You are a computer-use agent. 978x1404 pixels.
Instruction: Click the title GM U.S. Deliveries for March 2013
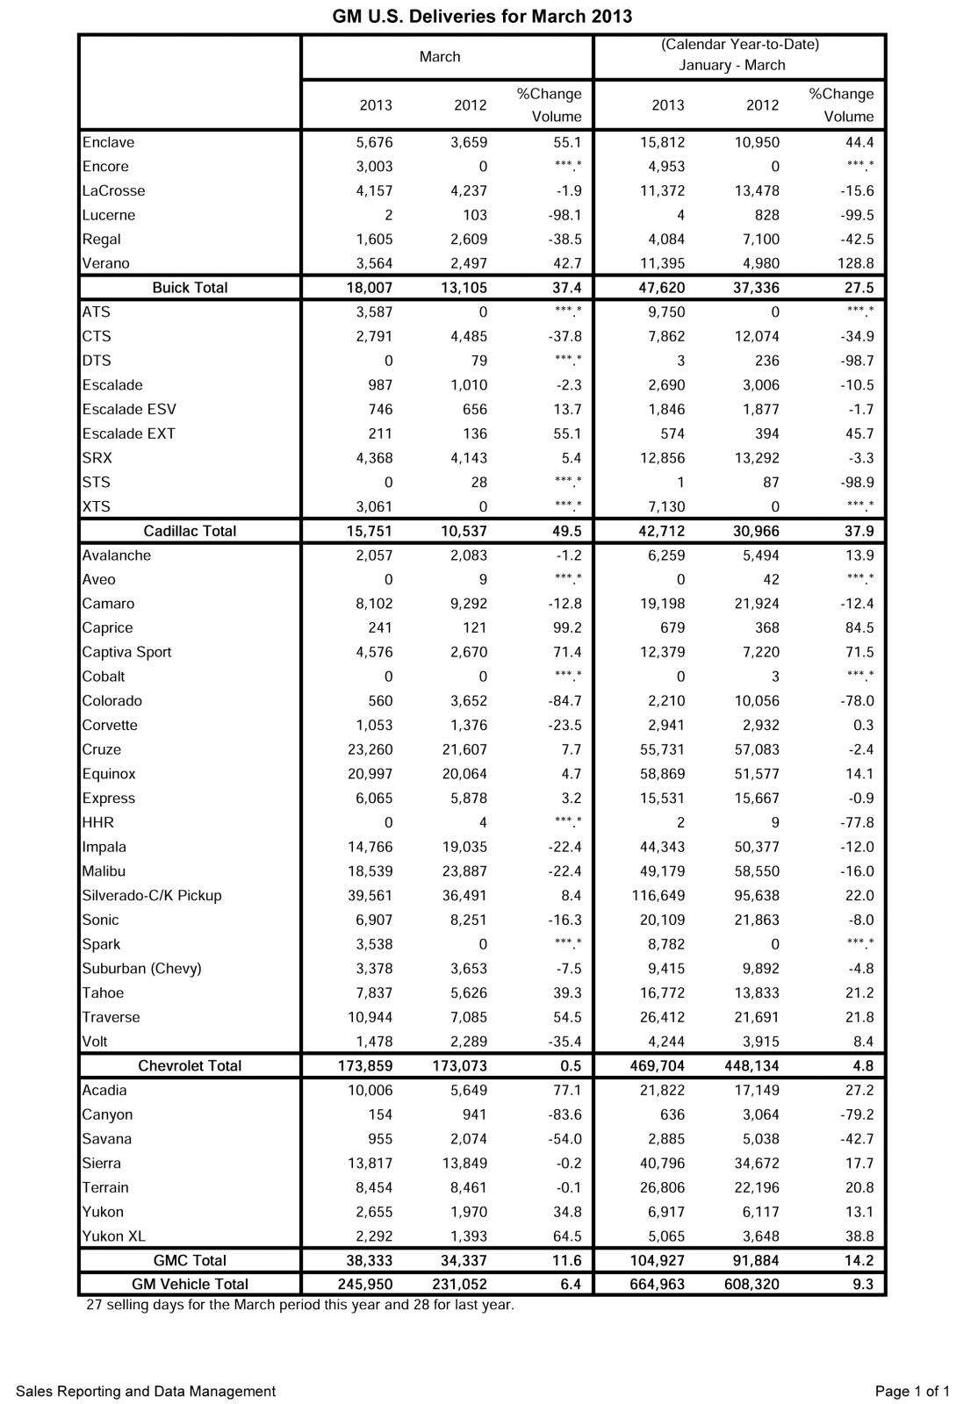point(482,17)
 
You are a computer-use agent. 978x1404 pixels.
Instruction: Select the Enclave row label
point(108,142)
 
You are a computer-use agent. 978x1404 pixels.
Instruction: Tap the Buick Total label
point(190,288)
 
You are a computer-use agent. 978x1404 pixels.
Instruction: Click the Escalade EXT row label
point(128,433)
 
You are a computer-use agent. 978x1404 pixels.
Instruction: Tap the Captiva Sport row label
point(126,652)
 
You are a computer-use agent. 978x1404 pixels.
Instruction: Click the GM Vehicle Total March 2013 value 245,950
point(364,1285)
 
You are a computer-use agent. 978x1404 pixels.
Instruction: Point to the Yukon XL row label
point(114,1236)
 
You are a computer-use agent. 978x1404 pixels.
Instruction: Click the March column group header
point(440,57)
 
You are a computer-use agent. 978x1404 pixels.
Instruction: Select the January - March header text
point(732,65)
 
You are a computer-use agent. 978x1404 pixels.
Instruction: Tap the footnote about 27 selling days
point(300,1305)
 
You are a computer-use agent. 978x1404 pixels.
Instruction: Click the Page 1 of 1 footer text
point(912,1391)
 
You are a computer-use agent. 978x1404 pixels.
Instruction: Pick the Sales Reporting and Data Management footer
point(146,1391)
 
